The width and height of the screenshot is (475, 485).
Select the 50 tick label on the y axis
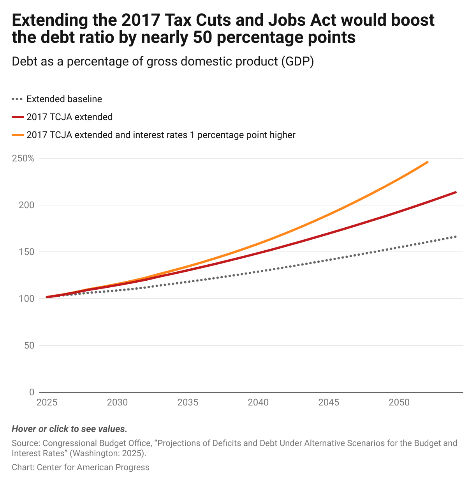(29, 345)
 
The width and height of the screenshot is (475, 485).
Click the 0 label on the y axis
(32, 392)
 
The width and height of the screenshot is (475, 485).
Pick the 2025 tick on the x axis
(47, 402)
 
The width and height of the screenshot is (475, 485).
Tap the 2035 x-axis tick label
(188, 402)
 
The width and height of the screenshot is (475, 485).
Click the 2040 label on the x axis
(258, 402)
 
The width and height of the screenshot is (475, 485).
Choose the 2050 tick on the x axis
(399, 402)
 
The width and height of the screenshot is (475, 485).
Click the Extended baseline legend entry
(64, 99)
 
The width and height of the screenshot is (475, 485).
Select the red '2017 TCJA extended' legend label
(69, 117)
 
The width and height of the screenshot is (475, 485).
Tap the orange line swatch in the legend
(18, 135)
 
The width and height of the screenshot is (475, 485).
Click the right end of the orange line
(427, 162)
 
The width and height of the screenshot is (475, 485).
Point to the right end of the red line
(456, 192)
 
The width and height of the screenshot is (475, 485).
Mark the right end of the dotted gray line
(456, 237)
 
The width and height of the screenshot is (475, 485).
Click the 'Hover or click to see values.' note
(69, 429)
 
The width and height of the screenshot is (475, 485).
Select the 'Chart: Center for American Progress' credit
(81, 467)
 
